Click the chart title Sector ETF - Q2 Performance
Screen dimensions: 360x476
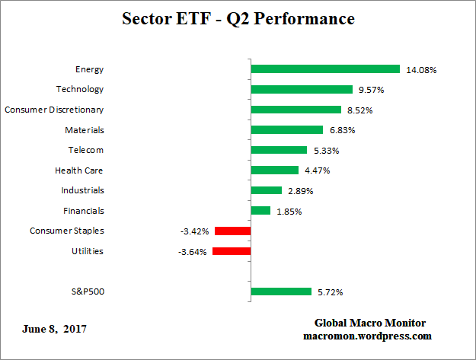[x=238, y=18]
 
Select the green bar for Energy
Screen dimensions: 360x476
[x=325, y=69]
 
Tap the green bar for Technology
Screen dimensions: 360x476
[x=302, y=89]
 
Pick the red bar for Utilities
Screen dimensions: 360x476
[x=232, y=251]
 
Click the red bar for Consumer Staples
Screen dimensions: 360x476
[x=232, y=231]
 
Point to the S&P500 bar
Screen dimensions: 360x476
[x=281, y=291]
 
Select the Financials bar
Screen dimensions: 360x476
[x=260, y=211]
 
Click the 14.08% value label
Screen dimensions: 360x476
[x=420, y=70]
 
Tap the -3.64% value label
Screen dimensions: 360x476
[x=193, y=252]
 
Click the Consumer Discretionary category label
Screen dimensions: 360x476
[x=54, y=110]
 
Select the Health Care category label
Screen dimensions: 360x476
[x=79, y=170]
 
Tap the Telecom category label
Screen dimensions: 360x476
[x=85, y=150]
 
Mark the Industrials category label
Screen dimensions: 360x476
[x=82, y=190]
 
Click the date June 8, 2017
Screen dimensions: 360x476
[x=54, y=330]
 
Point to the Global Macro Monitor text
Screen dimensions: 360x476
[x=370, y=323]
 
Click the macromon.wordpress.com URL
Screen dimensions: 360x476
[x=370, y=336]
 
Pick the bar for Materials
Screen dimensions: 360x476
[x=287, y=129]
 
